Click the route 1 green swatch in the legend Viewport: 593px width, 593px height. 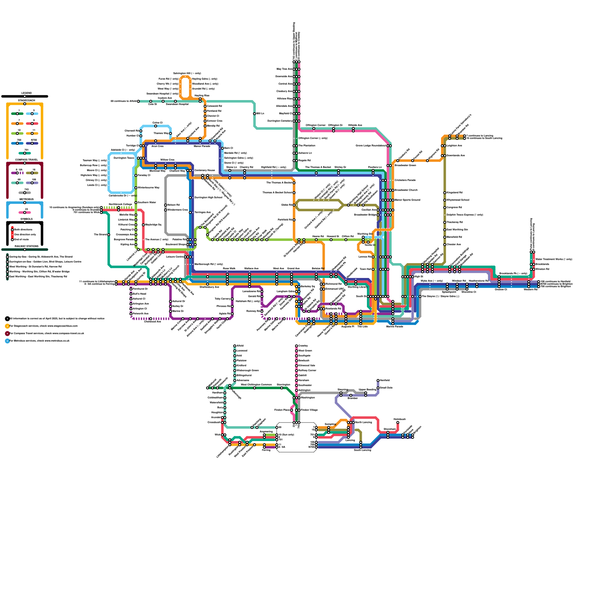[17, 114]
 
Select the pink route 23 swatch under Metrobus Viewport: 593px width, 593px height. [25, 212]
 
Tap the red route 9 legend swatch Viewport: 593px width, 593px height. [32, 123]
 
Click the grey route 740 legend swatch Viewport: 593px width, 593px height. [25, 193]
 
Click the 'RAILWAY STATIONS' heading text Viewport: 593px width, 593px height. [26, 246]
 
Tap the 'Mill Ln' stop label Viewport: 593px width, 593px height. [261, 113]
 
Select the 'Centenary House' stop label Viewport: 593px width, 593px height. [205, 170]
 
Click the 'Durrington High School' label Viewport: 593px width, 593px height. [208, 198]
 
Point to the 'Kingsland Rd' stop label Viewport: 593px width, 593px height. [454, 193]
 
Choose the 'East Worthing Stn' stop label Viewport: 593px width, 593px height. [457, 230]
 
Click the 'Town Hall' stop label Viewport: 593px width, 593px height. [365, 269]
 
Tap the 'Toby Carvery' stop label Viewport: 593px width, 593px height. [223, 299]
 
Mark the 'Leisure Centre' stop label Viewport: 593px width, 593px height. [175, 256]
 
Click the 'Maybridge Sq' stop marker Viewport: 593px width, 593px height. [143, 225]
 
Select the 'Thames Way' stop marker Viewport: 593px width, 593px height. [170, 133]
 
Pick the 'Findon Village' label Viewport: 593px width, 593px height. [309, 410]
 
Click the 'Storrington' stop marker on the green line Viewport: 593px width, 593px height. [282, 388]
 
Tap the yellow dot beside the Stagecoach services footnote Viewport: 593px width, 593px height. [7, 326]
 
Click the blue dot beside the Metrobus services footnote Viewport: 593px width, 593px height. [7, 341]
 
